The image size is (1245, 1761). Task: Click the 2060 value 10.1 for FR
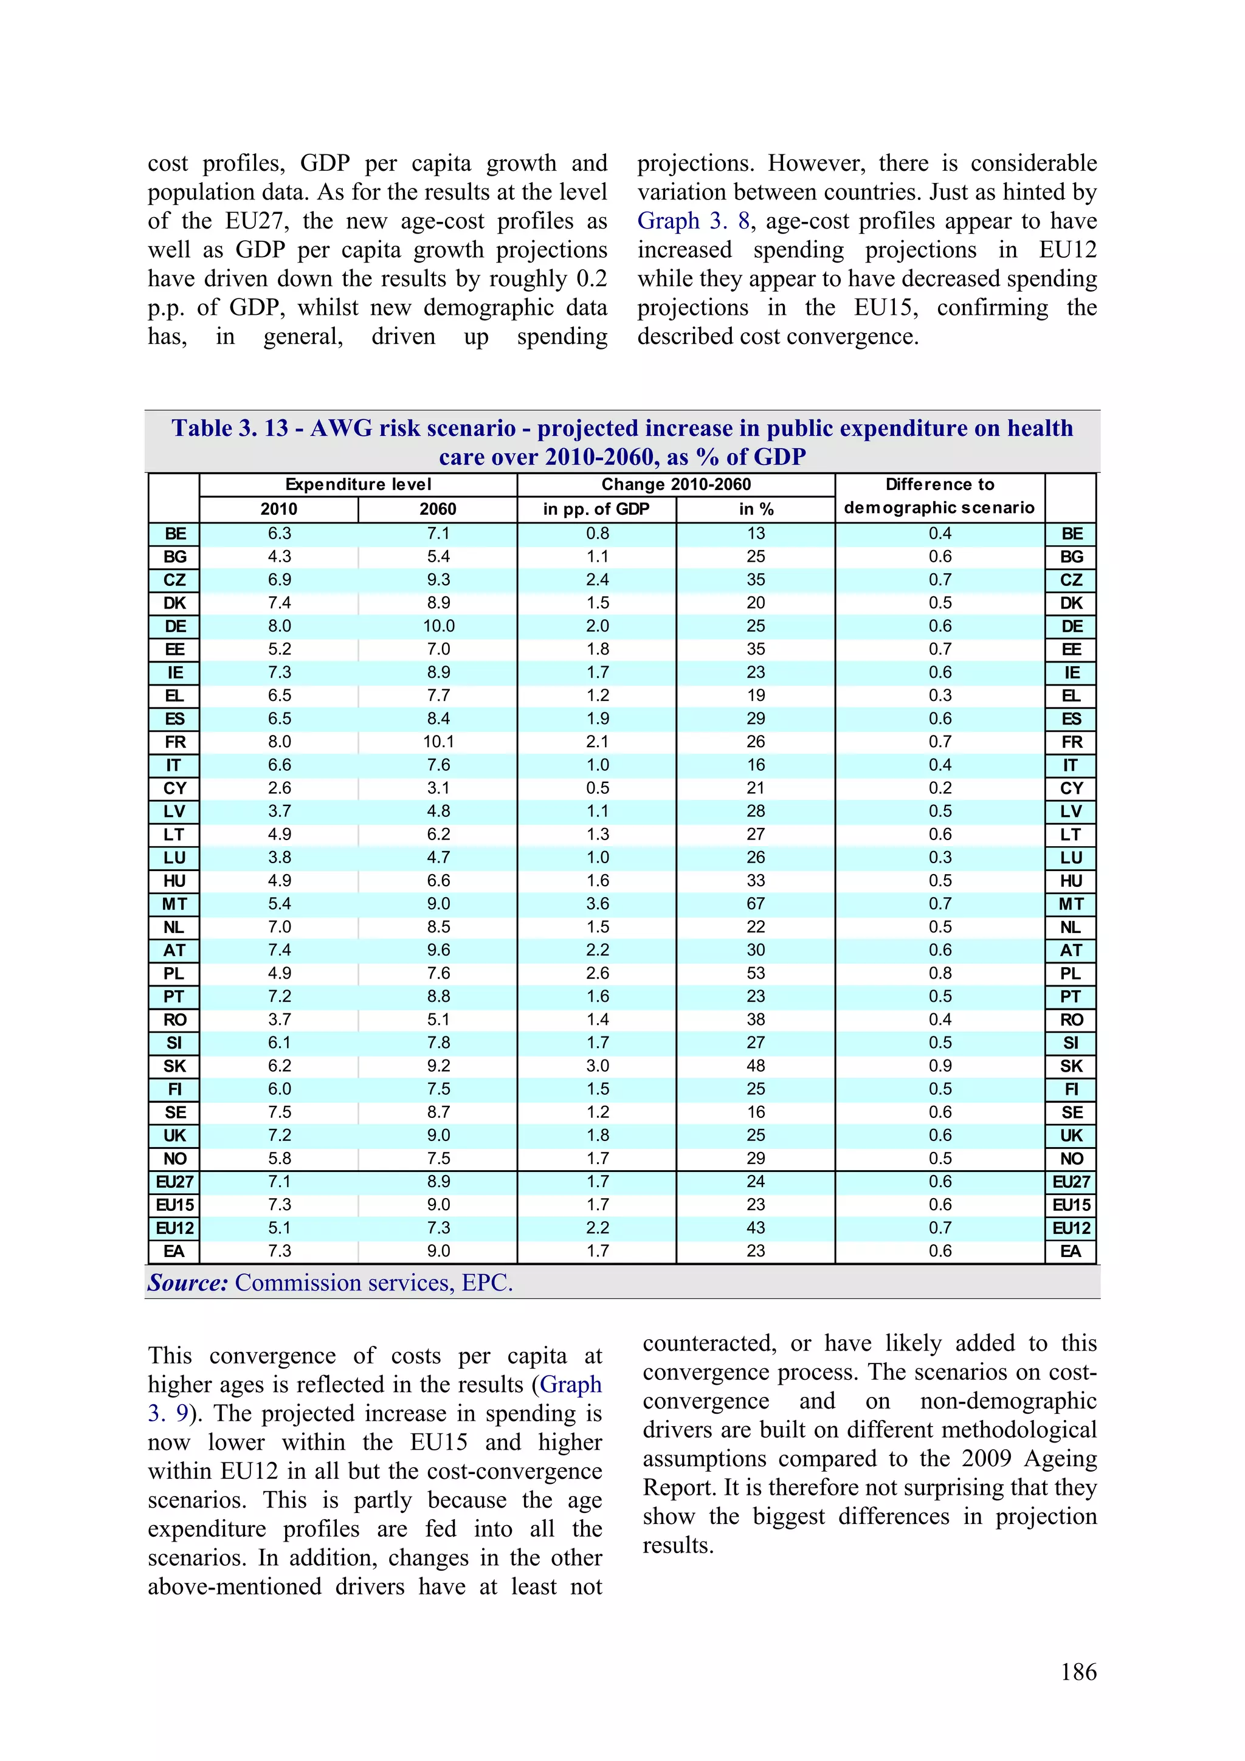click(438, 742)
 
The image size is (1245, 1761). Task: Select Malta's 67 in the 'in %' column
click(756, 903)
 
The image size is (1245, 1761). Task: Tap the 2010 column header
click(278, 509)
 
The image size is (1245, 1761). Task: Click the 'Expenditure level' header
click(358, 484)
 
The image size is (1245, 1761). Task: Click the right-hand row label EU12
click(1071, 1228)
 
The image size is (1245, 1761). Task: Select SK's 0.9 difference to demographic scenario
click(940, 1066)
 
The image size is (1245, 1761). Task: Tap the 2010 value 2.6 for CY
click(279, 788)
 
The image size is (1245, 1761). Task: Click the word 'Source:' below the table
click(188, 1283)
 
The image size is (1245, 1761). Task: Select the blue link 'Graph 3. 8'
click(694, 221)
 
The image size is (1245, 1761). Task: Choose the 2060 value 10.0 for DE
click(438, 626)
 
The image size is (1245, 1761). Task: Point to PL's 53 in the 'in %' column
click(756, 973)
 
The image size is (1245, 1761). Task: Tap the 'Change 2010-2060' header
click(676, 484)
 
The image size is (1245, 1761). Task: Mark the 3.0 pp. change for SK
click(597, 1066)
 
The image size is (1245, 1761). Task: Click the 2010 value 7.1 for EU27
click(279, 1181)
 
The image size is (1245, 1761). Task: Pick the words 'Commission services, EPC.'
click(374, 1283)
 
